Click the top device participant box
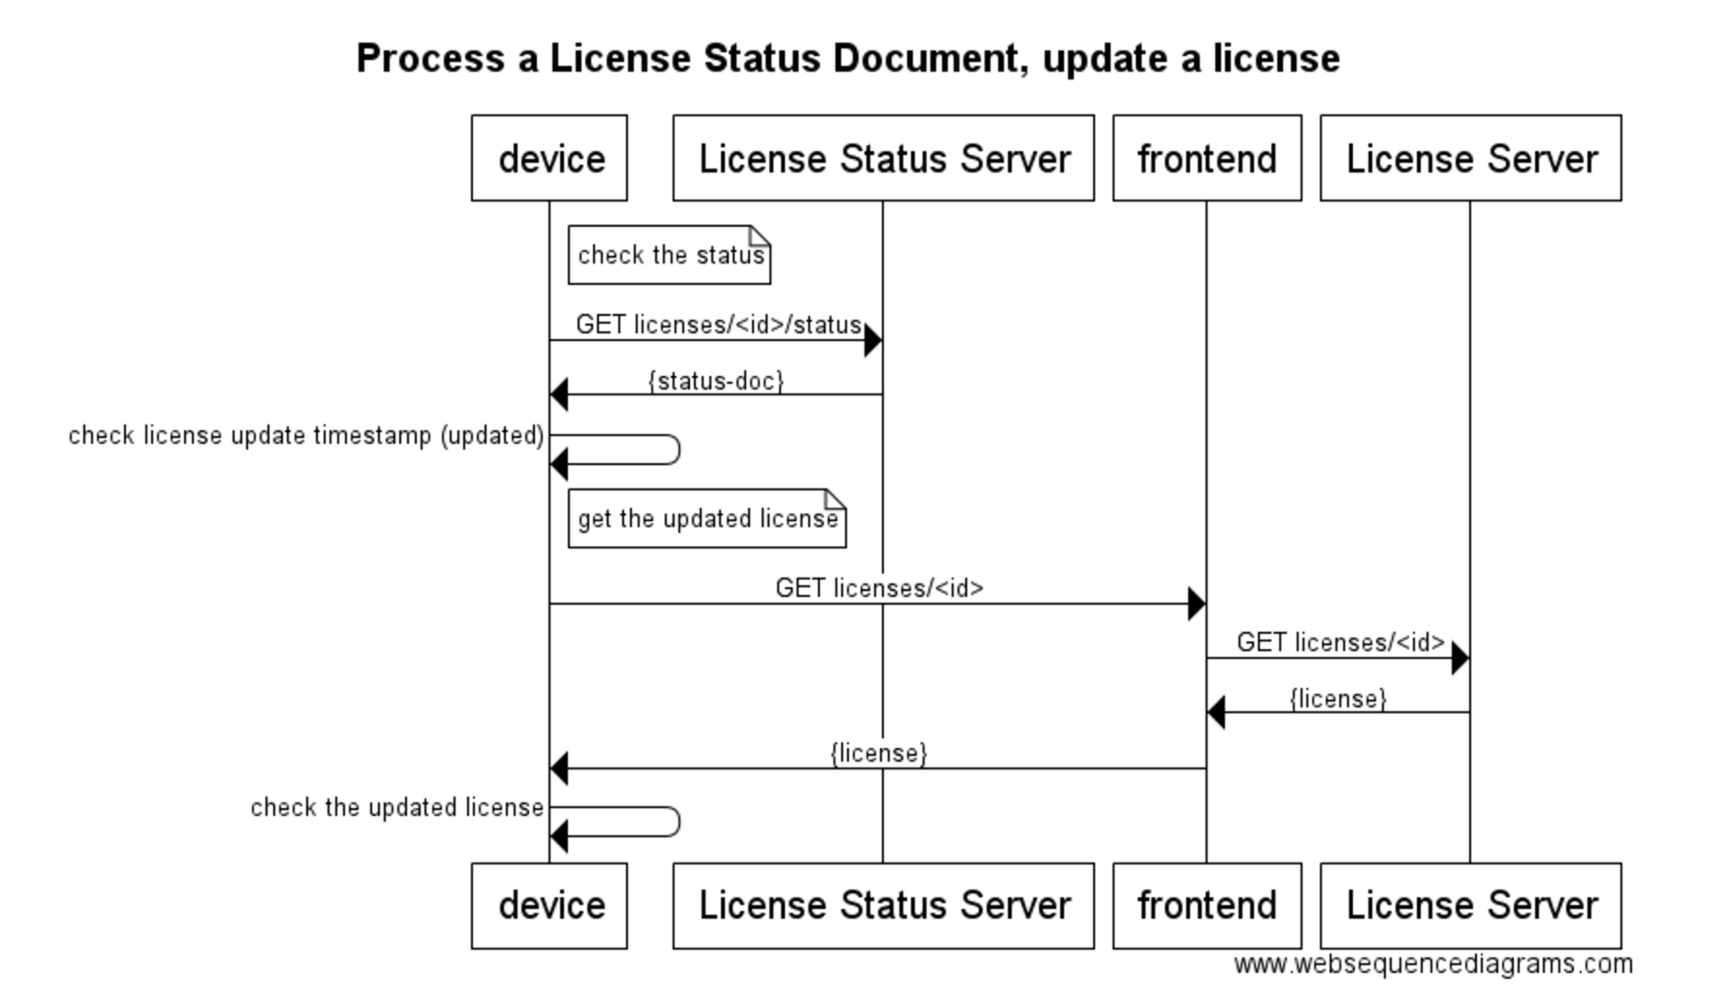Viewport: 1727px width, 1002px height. (549, 158)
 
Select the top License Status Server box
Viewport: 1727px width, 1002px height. (883, 158)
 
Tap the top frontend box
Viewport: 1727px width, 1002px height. (1207, 158)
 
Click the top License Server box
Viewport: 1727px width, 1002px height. (1470, 158)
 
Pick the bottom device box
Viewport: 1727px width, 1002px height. (549, 905)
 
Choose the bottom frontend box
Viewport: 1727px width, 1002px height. (1207, 905)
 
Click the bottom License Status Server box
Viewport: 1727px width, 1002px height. (883, 905)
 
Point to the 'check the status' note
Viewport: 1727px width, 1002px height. (670, 255)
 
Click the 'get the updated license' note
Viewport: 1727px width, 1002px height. (707, 518)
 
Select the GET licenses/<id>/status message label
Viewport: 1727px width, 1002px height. (718, 325)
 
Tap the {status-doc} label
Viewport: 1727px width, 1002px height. (716, 381)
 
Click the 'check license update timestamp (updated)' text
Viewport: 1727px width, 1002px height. (306, 435)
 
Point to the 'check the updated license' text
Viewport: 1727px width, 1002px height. (397, 807)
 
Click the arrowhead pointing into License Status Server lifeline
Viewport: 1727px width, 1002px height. (872, 340)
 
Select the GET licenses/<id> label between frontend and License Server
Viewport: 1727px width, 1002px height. (1340, 642)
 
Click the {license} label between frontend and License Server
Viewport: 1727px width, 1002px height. (1337, 699)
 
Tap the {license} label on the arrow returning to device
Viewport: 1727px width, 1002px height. (879, 753)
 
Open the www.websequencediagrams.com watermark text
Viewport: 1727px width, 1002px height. (1432, 964)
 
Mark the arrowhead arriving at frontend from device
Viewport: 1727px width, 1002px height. (1196, 604)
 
